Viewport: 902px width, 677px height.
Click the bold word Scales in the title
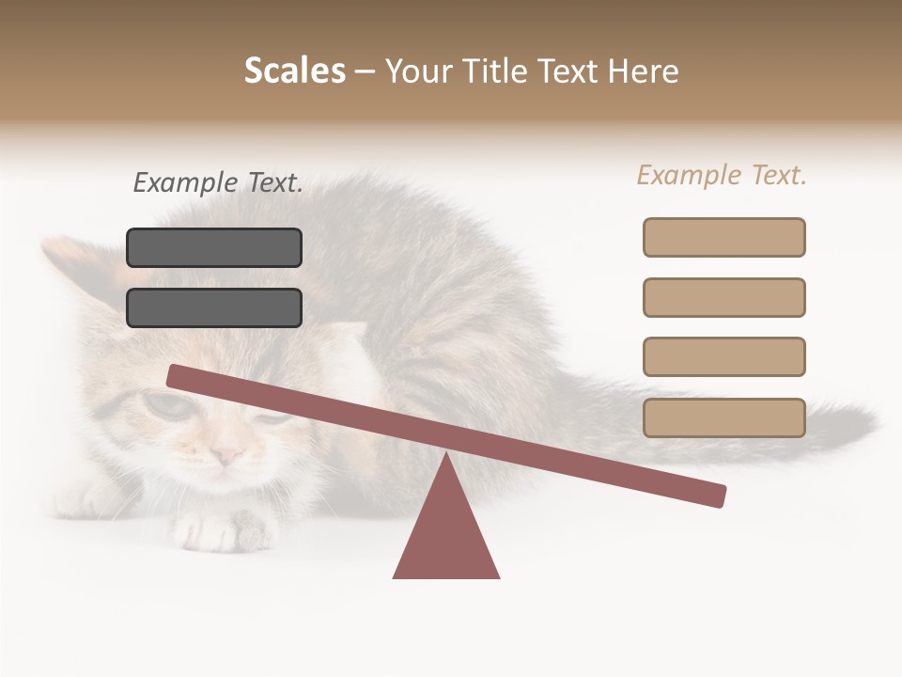tap(294, 71)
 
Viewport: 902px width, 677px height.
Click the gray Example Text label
tap(218, 182)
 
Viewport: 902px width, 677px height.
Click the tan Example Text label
tap(722, 175)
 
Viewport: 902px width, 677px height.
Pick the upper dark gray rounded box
tap(214, 247)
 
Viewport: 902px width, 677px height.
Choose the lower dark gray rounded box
tap(214, 307)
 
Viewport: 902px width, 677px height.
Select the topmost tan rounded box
tap(723, 237)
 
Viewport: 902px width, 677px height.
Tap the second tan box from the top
tap(723, 297)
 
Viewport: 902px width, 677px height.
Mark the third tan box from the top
tap(723, 356)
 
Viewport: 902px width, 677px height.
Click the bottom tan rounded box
tap(723, 417)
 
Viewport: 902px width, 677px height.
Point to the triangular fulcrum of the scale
tap(446, 531)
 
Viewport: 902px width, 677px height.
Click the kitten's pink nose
tap(226, 456)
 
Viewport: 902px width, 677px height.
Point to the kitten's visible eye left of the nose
tap(164, 405)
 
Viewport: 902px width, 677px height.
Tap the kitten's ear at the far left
tap(66, 259)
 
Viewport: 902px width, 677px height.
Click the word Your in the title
tap(418, 71)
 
